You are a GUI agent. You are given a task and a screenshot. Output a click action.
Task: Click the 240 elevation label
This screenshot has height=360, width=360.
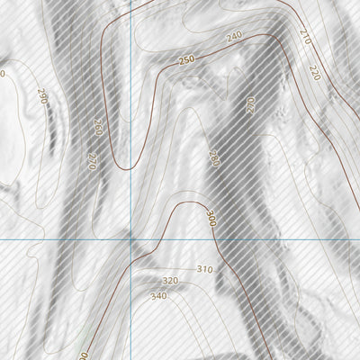(x=235, y=36)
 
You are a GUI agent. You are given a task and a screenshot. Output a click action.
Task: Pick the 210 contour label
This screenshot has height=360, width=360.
(x=303, y=37)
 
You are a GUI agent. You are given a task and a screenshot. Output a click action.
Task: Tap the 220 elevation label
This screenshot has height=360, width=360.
(x=313, y=73)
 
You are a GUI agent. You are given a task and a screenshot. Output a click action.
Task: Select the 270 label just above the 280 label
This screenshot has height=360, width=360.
(x=250, y=105)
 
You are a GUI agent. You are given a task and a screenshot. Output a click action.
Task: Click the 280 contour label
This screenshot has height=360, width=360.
(x=213, y=158)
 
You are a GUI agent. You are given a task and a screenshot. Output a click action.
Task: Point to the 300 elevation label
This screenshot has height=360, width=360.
(x=211, y=219)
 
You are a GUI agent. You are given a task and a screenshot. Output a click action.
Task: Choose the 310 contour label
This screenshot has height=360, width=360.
(x=203, y=269)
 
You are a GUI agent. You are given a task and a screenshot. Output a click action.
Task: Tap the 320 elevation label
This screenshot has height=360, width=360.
(x=170, y=281)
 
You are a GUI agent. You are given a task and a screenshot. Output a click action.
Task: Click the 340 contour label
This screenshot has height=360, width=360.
(x=158, y=296)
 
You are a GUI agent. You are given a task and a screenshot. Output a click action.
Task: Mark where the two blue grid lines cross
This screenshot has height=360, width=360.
(x=131, y=240)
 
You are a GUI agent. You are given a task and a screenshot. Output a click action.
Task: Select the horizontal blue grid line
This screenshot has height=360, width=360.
(x=270, y=240)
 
